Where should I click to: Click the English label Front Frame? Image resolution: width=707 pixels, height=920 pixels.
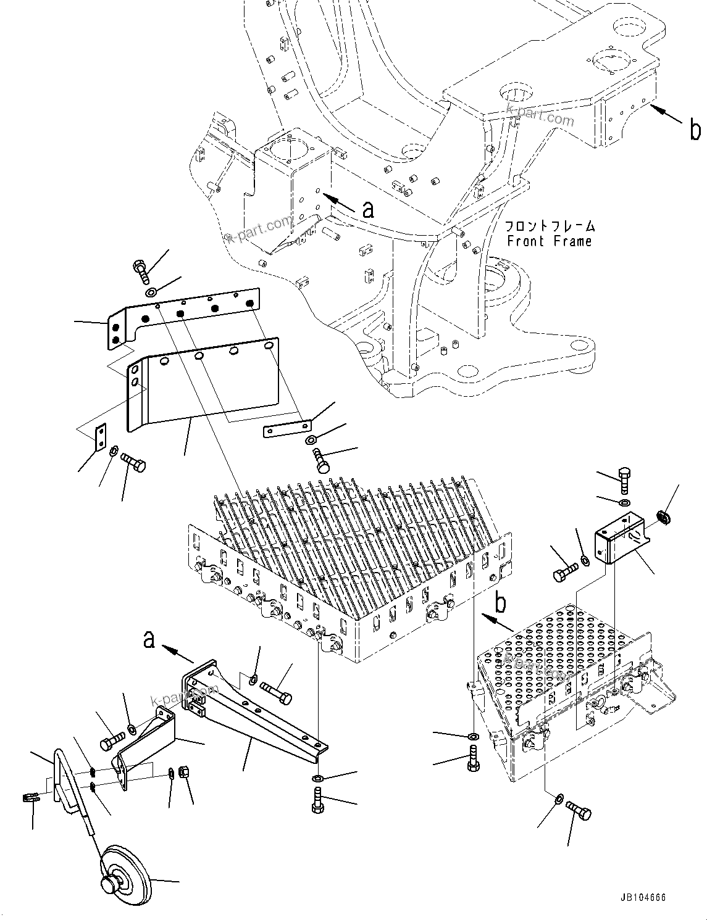(549, 241)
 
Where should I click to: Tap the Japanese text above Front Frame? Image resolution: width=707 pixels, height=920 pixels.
(550, 226)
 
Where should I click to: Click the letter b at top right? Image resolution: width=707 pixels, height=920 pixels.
(695, 130)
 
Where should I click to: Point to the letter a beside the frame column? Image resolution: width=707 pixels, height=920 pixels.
(368, 210)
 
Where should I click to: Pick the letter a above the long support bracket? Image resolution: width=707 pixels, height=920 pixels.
(149, 640)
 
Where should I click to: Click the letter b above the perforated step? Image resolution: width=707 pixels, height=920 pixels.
(501, 603)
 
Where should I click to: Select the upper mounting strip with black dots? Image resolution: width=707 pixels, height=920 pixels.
(185, 315)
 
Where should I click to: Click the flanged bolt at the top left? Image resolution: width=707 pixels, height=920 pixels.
(140, 271)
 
